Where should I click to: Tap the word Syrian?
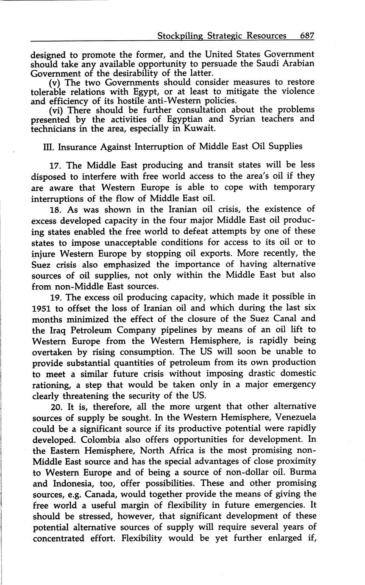(240, 119)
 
